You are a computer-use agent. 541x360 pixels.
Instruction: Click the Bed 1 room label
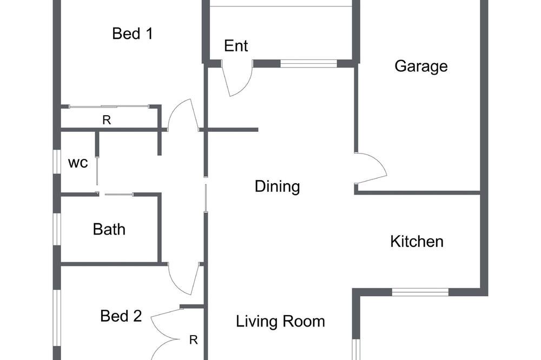click(133, 34)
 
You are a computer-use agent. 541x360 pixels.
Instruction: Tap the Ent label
click(236, 46)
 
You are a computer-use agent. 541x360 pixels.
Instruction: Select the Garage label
click(421, 66)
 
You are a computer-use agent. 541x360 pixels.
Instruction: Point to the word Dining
click(278, 186)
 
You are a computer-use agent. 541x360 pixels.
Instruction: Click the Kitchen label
click(417, 242)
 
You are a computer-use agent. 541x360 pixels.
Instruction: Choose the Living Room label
click(280, 322)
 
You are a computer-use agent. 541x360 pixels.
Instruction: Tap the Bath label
click(109, 229)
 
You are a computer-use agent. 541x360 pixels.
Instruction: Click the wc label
click(78, 163)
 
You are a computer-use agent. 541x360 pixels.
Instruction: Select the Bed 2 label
click(121, 316)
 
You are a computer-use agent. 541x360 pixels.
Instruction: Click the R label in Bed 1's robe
click(107, 120)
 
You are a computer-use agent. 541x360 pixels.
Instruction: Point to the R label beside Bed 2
click(194, 340)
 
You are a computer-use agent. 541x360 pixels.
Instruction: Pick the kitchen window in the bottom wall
click(420, 292)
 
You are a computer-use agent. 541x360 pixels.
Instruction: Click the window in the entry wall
click(308, 63)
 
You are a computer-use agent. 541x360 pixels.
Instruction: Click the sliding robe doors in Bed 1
click(110, 106)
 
